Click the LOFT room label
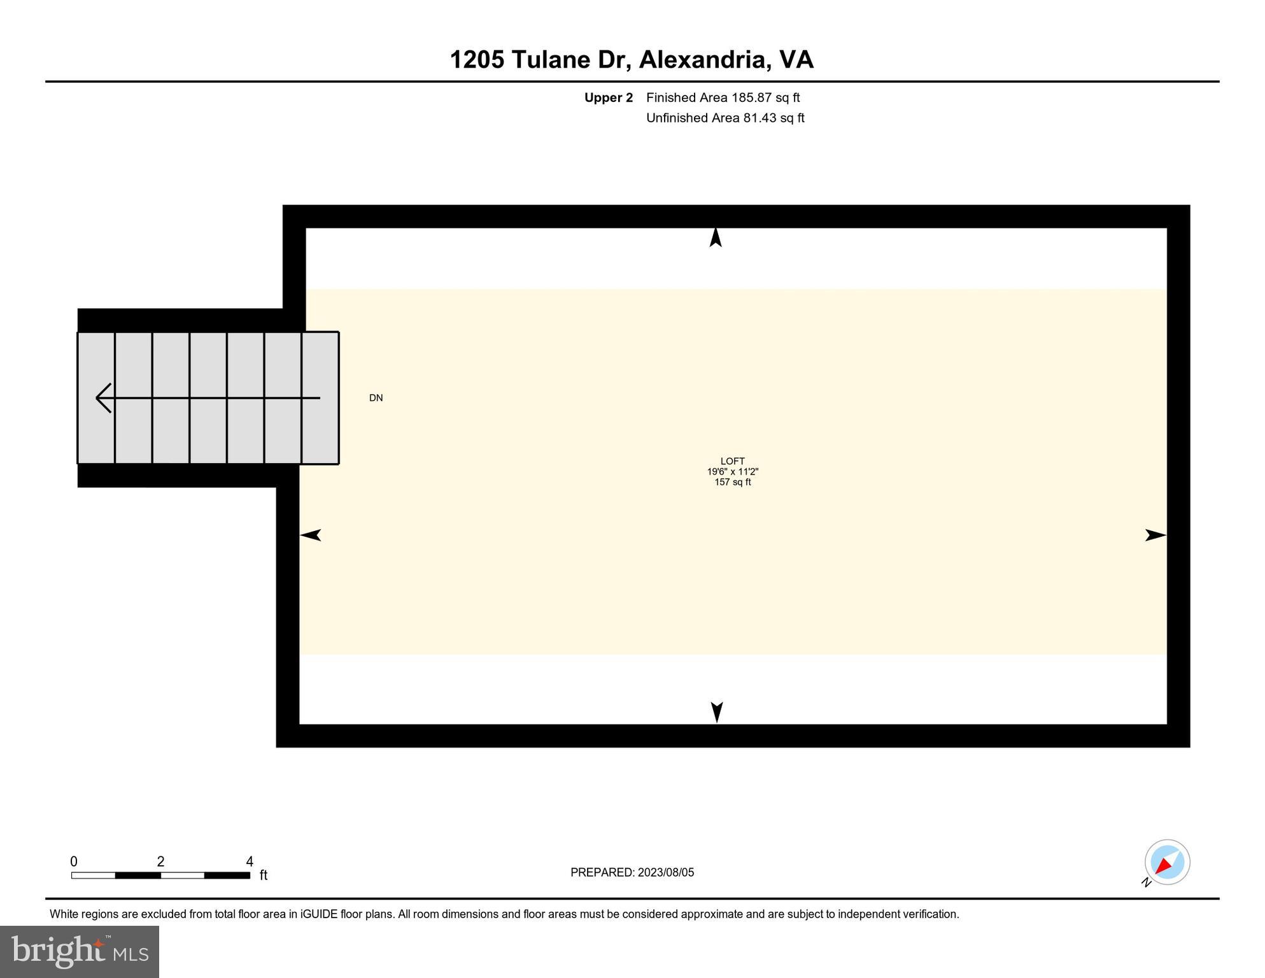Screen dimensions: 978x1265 [x=732, y=461]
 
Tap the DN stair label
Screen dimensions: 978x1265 [x=376, y=398]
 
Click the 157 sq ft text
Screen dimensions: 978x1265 [x=732, y=482]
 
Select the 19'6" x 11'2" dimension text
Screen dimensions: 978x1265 [x=732, y=472]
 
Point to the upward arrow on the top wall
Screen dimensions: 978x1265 [x=716, y=237]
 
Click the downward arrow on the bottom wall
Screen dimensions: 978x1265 [x=717, y=711]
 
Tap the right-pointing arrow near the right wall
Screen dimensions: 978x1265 [x=1155, y=535]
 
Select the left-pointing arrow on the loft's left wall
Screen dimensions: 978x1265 [x=311, y=535]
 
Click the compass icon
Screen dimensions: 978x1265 [x=1167, y=862]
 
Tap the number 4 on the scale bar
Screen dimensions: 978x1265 [x=250, y=861]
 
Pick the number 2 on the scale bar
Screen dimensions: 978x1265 [x=160, y=861]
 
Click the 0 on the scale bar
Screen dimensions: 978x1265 [x=74, y=861]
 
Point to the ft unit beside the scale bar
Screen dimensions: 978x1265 [x=264, y=875]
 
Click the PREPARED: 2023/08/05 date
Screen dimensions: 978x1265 [x=632, y=872]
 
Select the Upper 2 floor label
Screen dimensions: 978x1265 [x=608, y=97]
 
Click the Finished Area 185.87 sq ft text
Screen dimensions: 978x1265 [x=723, y=97]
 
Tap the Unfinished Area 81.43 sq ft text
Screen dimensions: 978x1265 [x=725, y=118]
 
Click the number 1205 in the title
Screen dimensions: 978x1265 [x=477, y=60]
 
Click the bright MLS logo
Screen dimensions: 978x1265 [x=80, y=951]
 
